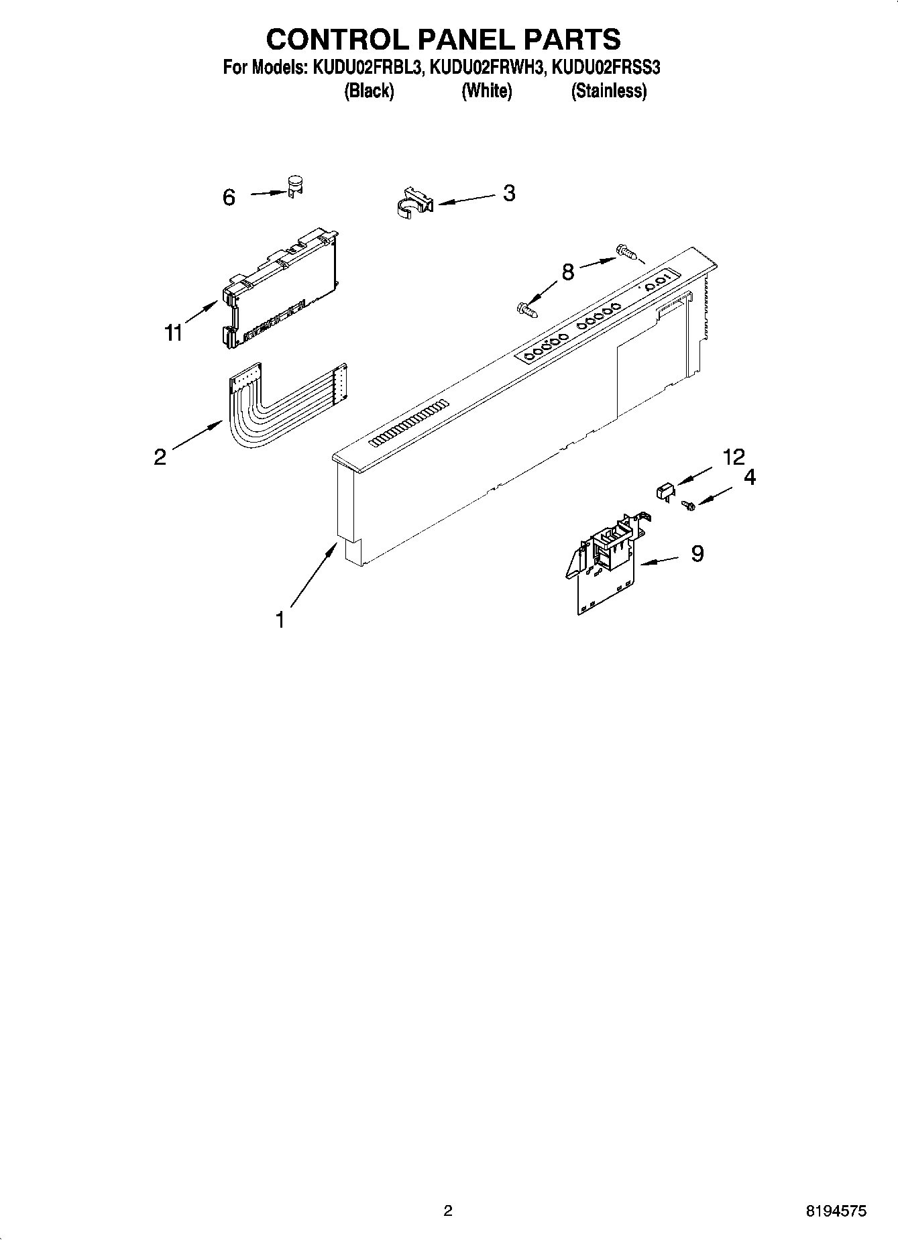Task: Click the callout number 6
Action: tap(229, 197)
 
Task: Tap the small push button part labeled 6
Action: tap(294, 186)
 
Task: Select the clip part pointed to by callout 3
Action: tap(412, 202)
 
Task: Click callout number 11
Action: tap(174, 332)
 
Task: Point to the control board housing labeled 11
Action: tap(278, 288)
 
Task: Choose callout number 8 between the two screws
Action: tap(567, 272)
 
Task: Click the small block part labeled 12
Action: tap(665, 491)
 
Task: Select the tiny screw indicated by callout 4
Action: tap(687, 506)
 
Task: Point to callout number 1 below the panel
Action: tap(280, 620)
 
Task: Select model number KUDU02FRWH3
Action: tap(486, 68)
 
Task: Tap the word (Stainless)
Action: tap(608, 91)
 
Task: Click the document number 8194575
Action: tap(836, 1210)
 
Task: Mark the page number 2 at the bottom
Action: tap(448, 1210)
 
